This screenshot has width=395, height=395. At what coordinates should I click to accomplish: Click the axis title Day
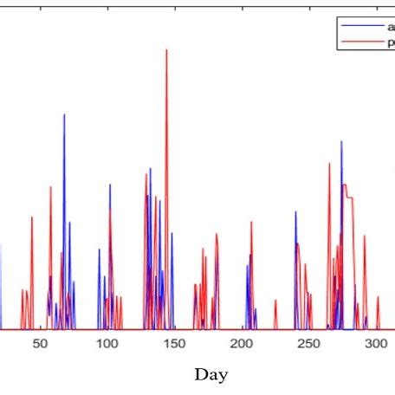coord(211,374)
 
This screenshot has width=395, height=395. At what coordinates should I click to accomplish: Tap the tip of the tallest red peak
coord(166,49)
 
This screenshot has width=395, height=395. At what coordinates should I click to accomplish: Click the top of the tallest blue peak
coord(64,114)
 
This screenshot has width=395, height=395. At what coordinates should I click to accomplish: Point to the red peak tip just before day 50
coord(32,217)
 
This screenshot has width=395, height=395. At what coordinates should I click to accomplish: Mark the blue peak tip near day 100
coord(110,184)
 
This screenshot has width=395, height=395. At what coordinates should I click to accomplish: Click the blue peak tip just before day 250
coord(296,211)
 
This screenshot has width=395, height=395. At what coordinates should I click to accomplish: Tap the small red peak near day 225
coord(275,301)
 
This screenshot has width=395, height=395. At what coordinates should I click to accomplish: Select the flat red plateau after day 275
coord(346,185)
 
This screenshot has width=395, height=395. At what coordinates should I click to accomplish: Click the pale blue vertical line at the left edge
coord(1,286)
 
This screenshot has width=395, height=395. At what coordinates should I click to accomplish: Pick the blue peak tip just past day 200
coord(251,255)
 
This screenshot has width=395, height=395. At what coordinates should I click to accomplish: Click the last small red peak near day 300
coord(378,298)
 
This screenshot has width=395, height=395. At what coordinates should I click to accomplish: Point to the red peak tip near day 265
coord(329,163)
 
